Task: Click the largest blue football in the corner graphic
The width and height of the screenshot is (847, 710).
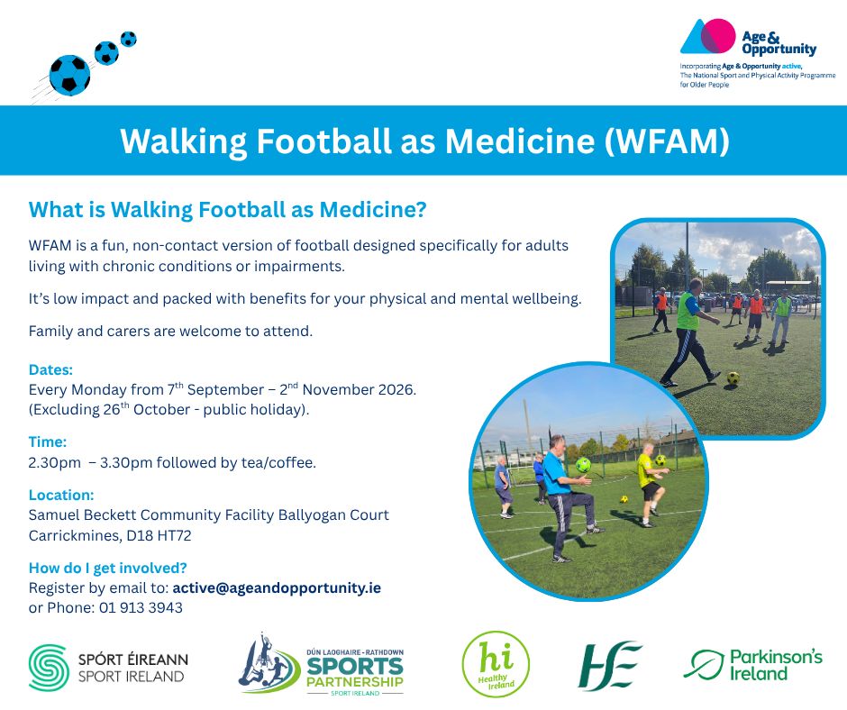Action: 69,75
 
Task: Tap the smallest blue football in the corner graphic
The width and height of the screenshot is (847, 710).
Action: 129,39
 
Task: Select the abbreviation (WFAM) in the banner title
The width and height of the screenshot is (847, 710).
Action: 667,141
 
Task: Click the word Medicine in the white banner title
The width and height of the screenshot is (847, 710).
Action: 520,141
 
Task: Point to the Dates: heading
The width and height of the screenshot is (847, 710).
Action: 50,369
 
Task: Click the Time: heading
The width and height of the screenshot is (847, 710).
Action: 48,442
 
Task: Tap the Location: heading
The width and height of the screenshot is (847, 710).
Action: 61,495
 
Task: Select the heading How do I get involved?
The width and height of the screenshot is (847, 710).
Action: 107,568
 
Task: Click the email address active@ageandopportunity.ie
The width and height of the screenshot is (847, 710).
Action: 277,587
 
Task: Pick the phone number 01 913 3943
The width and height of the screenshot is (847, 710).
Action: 141,608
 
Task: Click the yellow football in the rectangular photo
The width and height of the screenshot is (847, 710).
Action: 733,378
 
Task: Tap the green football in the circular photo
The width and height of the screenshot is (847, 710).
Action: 583,465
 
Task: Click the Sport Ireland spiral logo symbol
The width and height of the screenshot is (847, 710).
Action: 49,668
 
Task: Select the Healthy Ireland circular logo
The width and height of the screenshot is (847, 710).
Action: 496,663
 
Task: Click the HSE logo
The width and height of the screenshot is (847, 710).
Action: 609,666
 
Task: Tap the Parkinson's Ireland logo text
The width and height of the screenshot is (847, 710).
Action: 776,665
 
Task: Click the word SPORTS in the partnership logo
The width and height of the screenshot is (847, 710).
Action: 355,666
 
